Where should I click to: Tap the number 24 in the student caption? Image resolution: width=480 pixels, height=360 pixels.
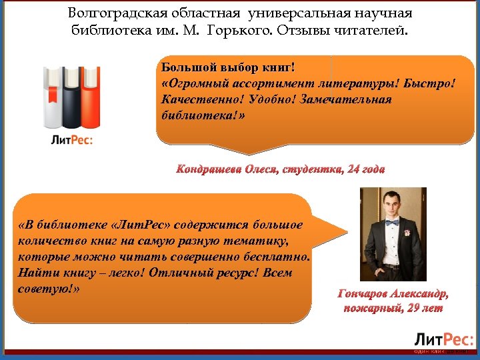point(351,169)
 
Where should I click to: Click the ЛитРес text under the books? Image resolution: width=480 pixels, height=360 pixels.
point(71,140)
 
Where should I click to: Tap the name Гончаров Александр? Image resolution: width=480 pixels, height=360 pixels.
point(393,294)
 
